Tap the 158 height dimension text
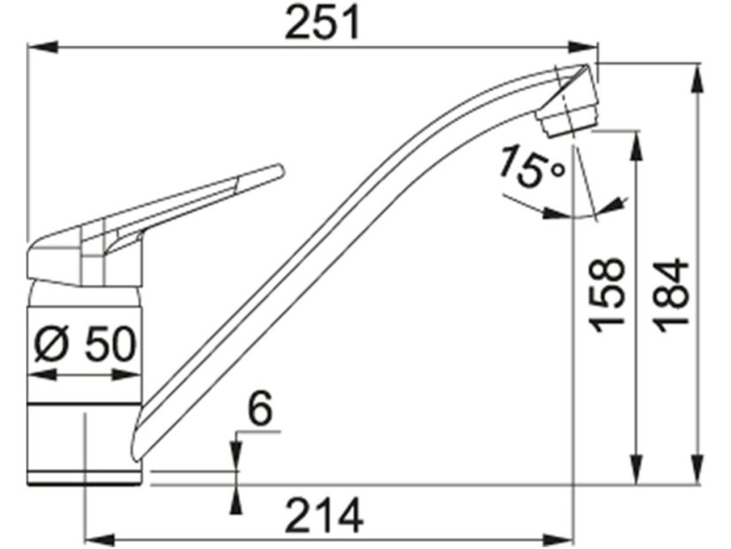point(609,296)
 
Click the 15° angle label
point(529,167)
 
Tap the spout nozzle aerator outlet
point(566,124)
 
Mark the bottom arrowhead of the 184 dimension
point(698,474)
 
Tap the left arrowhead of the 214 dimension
point(95,537)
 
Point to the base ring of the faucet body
point(84,479)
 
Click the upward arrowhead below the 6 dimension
point(236,498)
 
